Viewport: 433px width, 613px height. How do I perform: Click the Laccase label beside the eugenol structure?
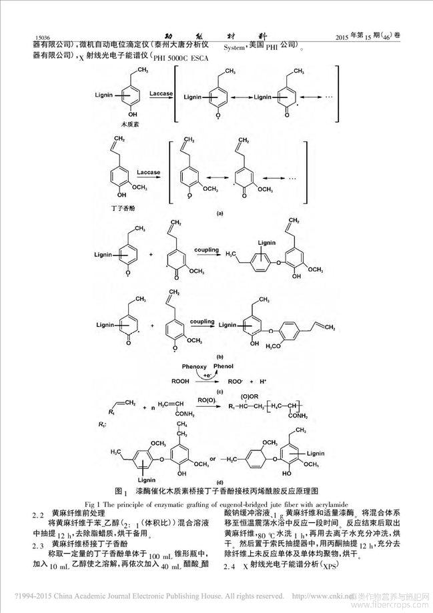(x=148, y=171)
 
